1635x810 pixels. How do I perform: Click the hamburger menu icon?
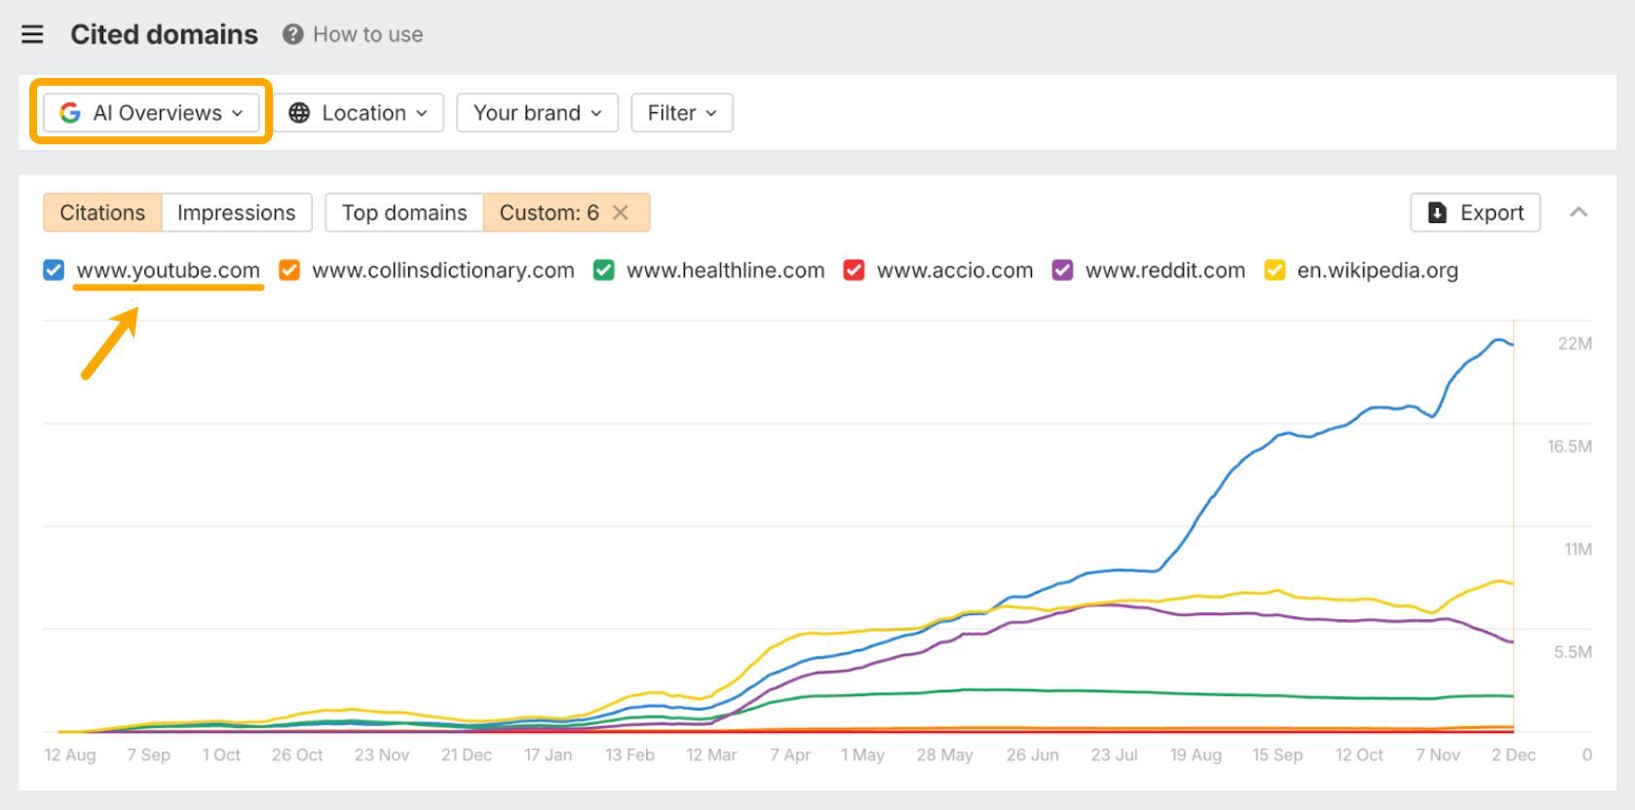coord(32,34)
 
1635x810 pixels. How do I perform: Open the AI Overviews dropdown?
coord(151,113)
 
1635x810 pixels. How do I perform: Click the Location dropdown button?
coord(359,113)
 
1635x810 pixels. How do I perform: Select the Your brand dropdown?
coord(537,113)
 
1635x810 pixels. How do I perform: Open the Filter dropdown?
coord(681,113)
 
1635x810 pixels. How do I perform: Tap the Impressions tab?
coord(236,212)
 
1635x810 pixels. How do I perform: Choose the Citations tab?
coord(102,212)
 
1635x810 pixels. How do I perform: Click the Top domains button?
coord(404,212)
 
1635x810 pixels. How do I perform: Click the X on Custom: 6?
coord(621,212)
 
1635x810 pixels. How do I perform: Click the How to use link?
coord(367,34)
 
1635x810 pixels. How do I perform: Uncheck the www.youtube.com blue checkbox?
coord(54,270)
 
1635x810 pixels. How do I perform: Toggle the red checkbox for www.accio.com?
coord(854,270)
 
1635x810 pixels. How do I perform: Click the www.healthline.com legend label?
coord(725,270)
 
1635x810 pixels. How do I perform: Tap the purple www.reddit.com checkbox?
coord(1062,270)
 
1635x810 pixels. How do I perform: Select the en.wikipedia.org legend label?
coord(1377,270)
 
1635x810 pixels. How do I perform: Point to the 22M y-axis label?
coord(1575,343)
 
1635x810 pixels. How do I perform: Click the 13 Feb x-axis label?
coord(629,755)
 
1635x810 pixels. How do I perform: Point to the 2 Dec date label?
coord(1513,755)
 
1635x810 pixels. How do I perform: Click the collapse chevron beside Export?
coord(1578,212)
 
